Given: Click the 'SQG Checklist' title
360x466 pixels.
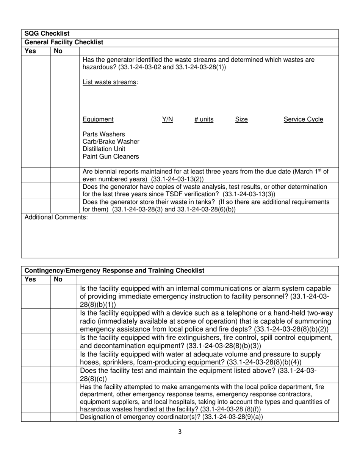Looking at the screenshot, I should point(47,34).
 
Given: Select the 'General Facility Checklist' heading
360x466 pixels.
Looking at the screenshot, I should point(64,42).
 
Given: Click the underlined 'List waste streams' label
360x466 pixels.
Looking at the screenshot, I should point(110,82).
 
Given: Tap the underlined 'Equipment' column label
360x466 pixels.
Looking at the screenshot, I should point(98,119).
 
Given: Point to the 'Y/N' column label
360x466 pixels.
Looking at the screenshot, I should point(167,119).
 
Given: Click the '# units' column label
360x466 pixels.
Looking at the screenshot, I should point(204,119).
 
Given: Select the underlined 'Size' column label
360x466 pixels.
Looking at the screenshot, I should point(241,119).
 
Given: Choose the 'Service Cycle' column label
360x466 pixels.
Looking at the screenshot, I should point(303,119).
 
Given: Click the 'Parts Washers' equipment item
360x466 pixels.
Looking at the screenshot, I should point(103,134).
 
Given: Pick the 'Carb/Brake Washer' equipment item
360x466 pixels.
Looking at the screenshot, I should point(111,142).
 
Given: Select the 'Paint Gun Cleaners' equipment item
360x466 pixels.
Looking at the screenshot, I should point(111,156).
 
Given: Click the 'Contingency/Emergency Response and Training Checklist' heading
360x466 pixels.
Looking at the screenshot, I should point(114,271).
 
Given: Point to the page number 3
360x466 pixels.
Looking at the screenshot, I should point(180,432).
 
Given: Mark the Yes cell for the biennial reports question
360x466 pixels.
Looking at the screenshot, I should point(36,175).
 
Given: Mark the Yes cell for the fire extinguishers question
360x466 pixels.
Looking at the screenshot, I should point(36,342).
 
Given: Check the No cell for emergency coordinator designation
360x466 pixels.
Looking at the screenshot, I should point(64,417).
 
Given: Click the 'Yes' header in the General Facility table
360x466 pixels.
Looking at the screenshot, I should point(30,51).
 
